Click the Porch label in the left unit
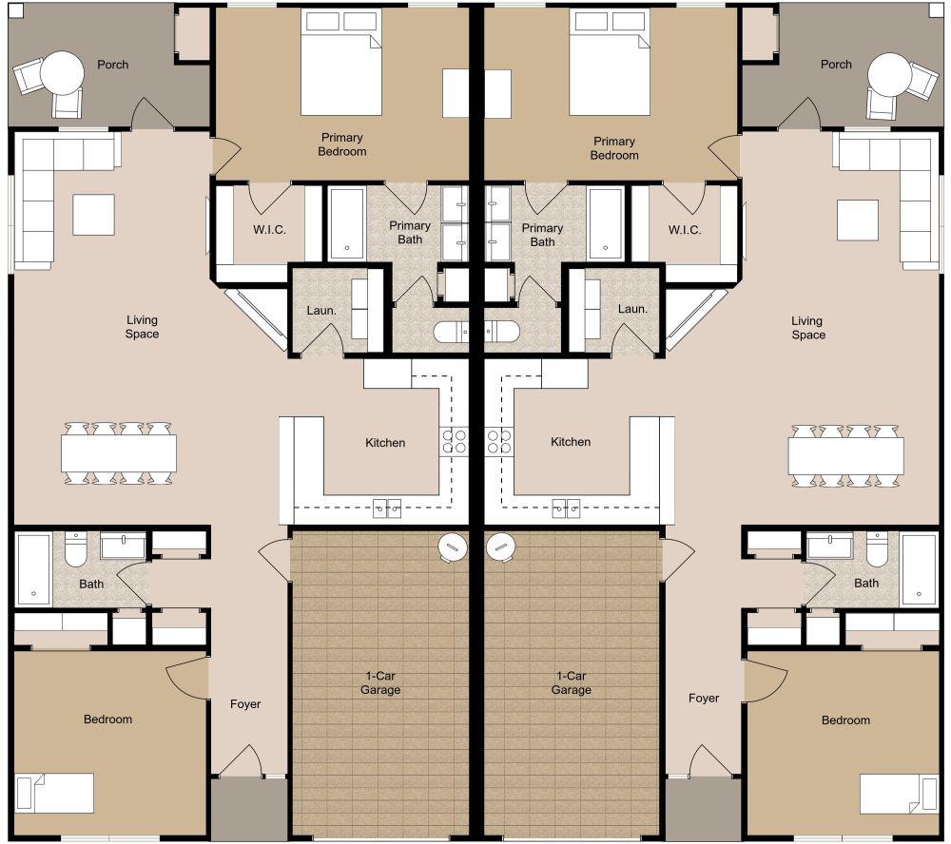coord(112,65)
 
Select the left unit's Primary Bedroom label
coord(341,144)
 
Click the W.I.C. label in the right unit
coord(685,230)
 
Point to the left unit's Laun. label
coord(319,310)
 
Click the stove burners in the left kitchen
coord(454,440)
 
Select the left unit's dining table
coord(119,453)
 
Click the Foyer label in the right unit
coord(704,699)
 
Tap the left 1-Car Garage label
coord(379,682)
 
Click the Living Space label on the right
coord(808,328)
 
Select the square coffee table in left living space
coord(93,214)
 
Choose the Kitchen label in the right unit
coord(571,442)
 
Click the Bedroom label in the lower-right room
coord(845,720)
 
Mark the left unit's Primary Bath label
coord(410,233)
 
